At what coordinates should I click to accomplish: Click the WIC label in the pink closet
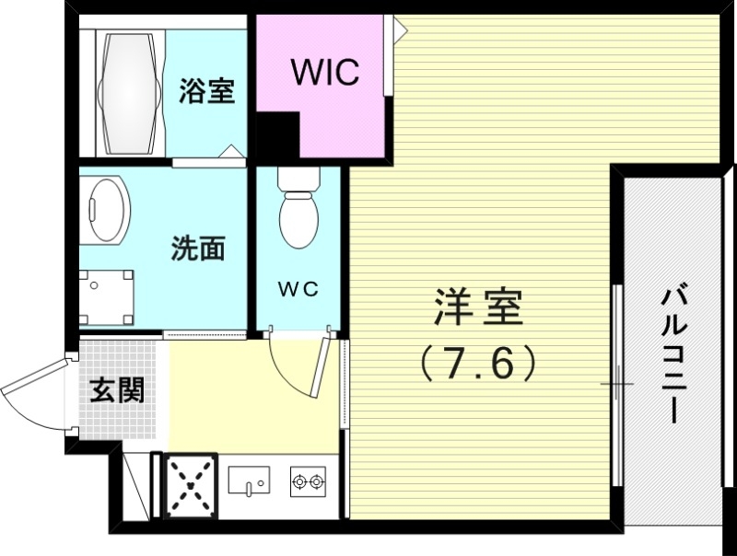coord(324,73)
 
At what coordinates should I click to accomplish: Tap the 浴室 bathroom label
coord(206,92)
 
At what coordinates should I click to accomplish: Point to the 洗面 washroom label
coord(198,249)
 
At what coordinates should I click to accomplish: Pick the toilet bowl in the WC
coord(298,219)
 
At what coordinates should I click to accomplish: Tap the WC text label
coord(298,289)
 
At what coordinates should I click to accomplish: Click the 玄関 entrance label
coord(117,390)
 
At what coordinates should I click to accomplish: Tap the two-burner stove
coord(308,481)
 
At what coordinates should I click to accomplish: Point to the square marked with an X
coord(191,485)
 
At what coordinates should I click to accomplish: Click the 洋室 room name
coord(478,308)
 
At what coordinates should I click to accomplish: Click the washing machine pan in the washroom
coord(106,296)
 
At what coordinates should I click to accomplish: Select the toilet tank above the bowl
coord(298,179)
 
